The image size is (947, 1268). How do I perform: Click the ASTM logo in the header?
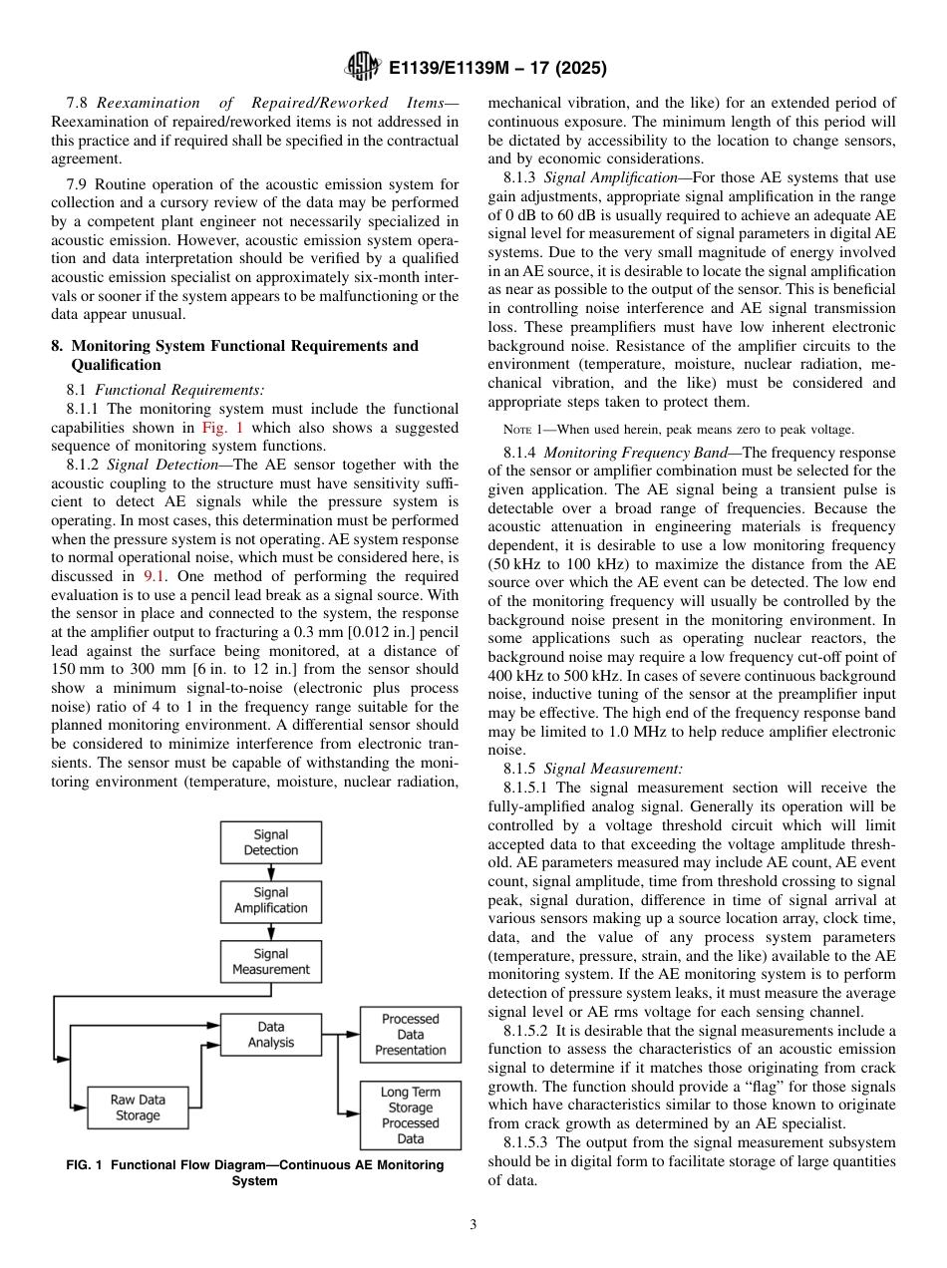coord(363,67)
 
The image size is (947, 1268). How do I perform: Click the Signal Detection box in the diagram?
coord(270,842)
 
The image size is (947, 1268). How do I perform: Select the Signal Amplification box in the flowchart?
coord(270,900)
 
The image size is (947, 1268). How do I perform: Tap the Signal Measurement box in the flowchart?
coord(270,962)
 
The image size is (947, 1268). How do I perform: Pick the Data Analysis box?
coord(270,1034)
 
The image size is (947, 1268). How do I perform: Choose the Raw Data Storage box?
coord(138,1108)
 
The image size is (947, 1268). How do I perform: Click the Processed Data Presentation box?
coord(410,1034)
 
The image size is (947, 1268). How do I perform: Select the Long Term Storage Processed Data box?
coord(410,1115)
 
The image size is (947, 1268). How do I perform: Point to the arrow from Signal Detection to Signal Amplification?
coord(271,872)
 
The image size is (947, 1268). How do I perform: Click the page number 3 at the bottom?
coord(473,1225)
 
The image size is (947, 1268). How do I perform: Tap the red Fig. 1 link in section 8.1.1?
coord(216,428)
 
